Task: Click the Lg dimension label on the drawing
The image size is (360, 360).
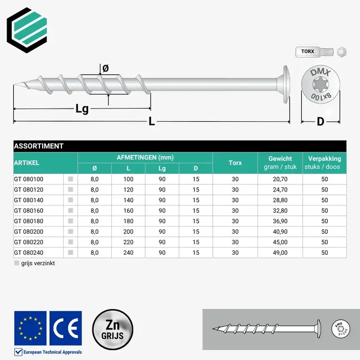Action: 81,109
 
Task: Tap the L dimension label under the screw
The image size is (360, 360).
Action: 151,122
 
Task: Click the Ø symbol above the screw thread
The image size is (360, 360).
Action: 106,68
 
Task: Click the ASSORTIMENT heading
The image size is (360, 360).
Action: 39,146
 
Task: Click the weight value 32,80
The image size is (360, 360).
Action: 280,210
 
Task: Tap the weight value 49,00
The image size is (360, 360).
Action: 280,253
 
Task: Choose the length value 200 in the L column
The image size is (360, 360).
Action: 128,232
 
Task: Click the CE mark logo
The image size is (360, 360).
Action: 65,328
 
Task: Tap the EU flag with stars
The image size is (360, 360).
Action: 30,328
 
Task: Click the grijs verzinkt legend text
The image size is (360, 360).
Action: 38,263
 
